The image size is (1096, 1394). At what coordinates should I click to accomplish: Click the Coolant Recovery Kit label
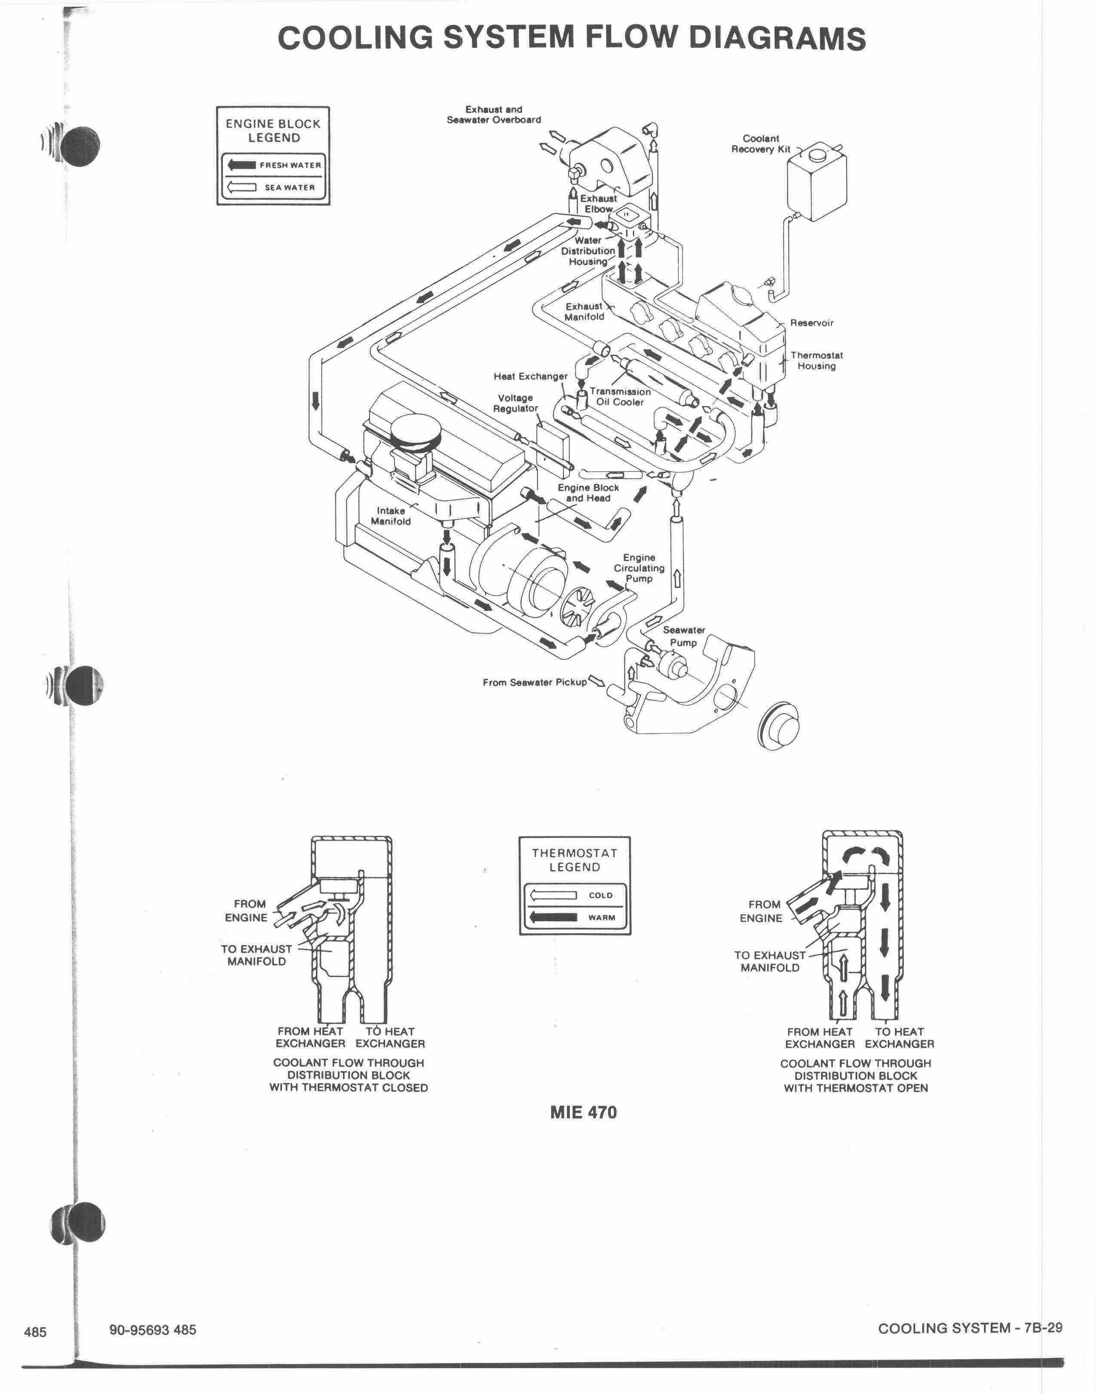[x=761, y=144]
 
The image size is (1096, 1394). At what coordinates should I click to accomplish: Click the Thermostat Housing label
[x=816, y=361]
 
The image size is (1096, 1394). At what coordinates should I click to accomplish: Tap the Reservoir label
[x=812, y=323]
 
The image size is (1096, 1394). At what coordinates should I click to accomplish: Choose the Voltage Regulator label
[x=515, y=403]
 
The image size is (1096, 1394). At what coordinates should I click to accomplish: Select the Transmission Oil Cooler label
[x=620, y=397]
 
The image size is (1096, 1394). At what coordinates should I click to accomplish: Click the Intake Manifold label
[x=391, y=516]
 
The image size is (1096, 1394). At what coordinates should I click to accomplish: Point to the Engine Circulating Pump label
[x=639, y=568]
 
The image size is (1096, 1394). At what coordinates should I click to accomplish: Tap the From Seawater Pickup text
[x=535, y=682]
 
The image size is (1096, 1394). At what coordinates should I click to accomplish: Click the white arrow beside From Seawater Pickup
[x=597, y=680]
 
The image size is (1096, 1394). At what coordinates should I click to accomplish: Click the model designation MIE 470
[x=583, y=1112]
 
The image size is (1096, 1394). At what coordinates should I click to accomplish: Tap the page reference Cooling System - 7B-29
[x=970, y=1328]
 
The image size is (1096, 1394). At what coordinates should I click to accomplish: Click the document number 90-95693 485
[x=153, y=1329]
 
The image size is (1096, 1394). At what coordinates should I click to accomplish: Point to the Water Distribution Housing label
[x=588, y=251]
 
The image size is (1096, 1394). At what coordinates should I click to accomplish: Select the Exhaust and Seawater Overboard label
[x=494, y=114]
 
